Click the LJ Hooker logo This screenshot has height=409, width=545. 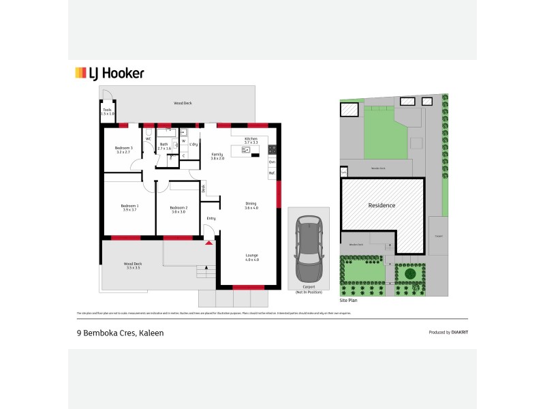[x=109, y=74]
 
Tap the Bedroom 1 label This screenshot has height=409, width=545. [x=130, y=207]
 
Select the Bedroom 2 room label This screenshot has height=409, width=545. [x=178, y=209]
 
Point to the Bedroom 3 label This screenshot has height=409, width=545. [x=123, y=150]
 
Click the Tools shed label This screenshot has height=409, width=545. [x=107, y=111]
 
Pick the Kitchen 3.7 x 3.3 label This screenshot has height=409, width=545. [x=251, y=140]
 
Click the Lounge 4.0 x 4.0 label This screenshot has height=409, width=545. [x=252, y=258]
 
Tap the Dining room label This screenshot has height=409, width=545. [x=251, y=205]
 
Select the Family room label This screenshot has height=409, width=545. [x=217, y=156]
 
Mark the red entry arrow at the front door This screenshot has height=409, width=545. [x=208, y=242]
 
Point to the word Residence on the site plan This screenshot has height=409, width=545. [x=381, y=205]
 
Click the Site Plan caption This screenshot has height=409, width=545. [x=349, y=301]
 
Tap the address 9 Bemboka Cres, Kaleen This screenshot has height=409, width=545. [x=119, y=333]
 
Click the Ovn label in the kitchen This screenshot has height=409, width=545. [x=272, y=162]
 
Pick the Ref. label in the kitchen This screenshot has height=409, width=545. [x=272, y=173]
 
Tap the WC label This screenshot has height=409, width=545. [x=148, y=139]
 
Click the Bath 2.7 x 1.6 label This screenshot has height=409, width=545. [x=164, y=146]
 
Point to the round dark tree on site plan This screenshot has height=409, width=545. [x=410, y=274]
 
